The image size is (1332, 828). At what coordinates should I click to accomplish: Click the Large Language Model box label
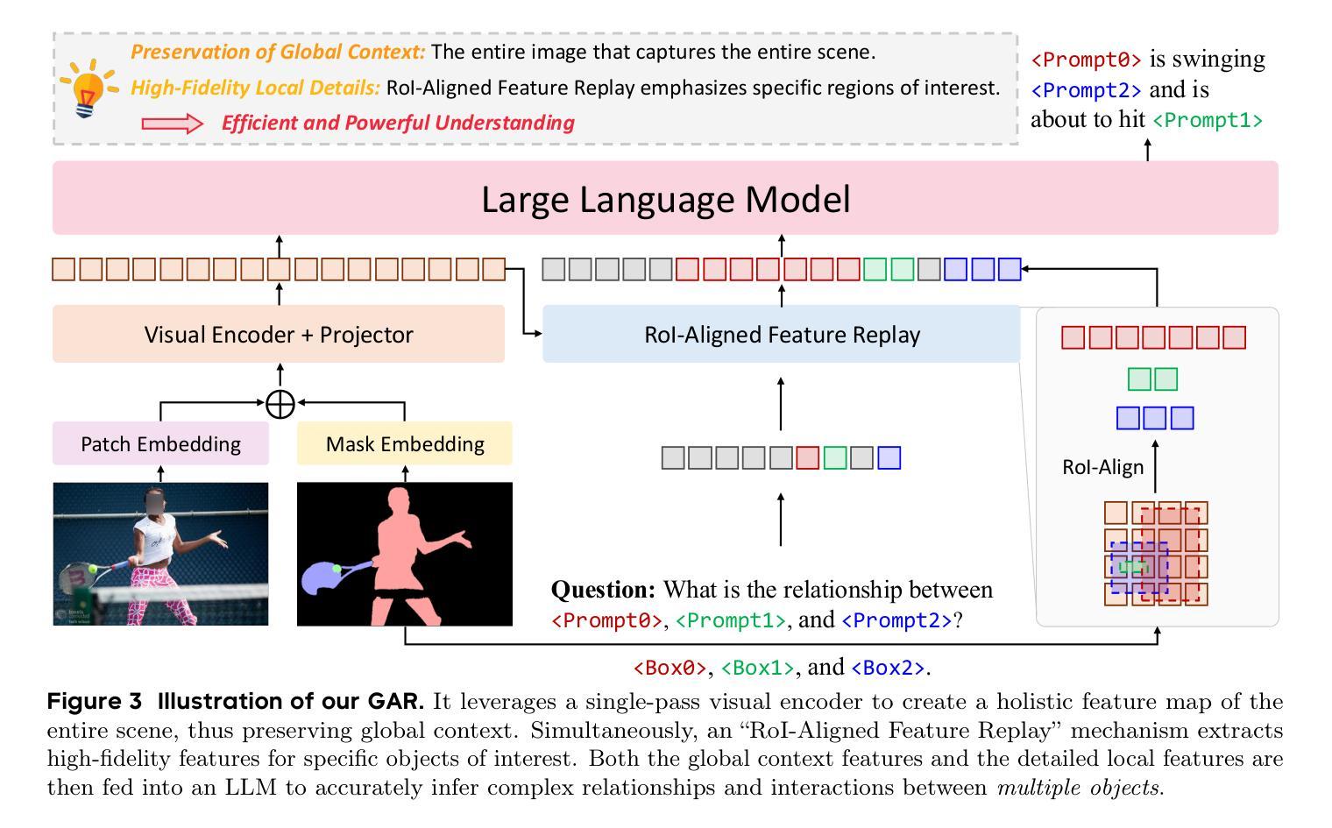coord(665,200)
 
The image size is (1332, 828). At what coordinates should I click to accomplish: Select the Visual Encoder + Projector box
coord(279,335)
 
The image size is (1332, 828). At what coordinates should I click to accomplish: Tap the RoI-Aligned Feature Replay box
coord(782,335)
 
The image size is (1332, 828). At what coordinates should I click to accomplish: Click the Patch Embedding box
coord(160,444)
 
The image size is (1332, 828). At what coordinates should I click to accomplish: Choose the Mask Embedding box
coord(405,444)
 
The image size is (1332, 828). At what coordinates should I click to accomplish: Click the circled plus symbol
coord(280,404)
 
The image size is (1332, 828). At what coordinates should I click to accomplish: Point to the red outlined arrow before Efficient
coord(172,124)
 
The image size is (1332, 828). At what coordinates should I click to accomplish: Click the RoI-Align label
coord(1102,467)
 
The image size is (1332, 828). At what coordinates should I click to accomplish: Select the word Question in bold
coord(603,590)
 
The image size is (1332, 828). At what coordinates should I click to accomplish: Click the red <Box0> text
coord(670,668)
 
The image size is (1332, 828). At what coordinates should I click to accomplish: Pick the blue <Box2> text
coord(888,668)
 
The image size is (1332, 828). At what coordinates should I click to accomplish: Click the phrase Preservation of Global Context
coord(278,52)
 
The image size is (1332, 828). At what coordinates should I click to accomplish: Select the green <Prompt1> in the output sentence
coord(1208,120)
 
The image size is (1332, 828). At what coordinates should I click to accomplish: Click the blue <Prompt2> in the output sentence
coord(1086,90)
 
